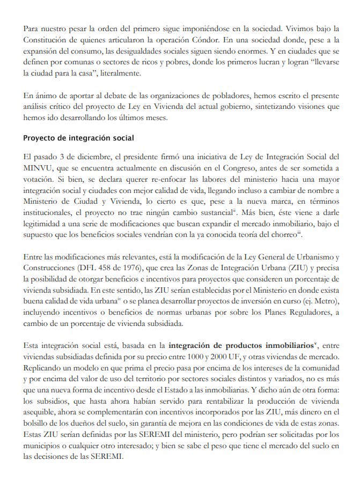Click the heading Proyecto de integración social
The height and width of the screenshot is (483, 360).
[78, 138]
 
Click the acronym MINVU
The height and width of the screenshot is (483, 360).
[37, 167]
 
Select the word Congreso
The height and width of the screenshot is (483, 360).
[224, 167]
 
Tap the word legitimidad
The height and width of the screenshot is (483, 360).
[46, 224]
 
